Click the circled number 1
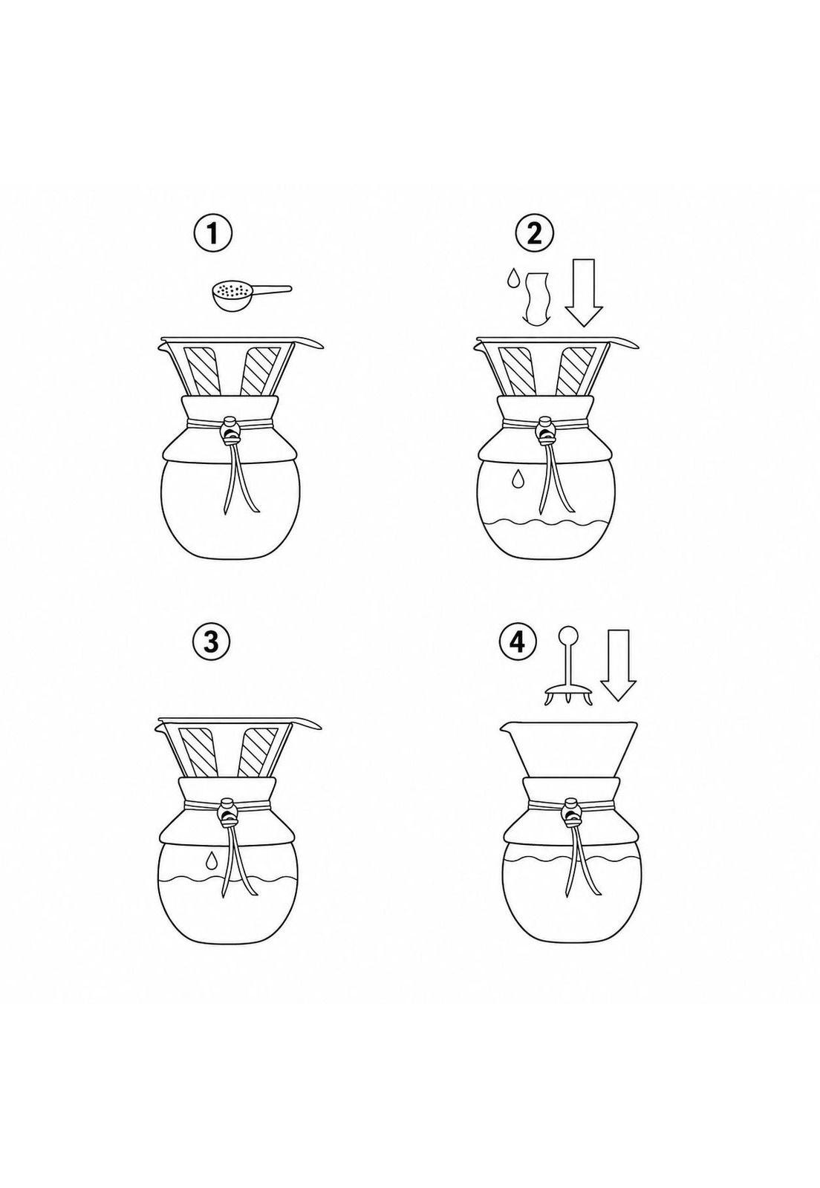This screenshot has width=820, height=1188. coord(212,234)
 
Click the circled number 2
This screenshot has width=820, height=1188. coord(535,234)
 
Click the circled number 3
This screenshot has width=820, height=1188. coord(212,642)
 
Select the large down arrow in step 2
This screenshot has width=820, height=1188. coord(584,293)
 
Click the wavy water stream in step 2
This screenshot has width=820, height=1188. coord(535,298)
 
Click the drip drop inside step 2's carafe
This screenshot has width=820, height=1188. coord(517,478)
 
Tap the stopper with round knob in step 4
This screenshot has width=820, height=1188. coord(569,666)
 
